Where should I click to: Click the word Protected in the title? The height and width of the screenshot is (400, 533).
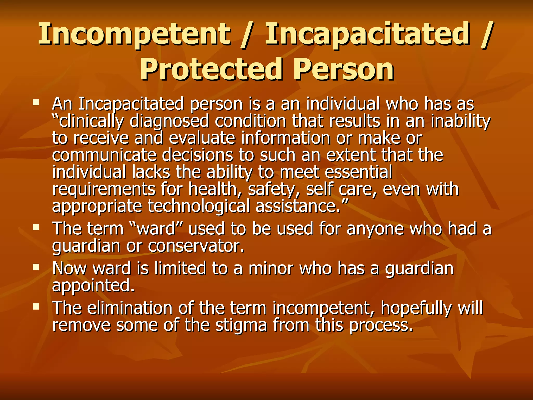[211, 69]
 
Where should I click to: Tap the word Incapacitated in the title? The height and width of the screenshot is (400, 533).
[367, 34]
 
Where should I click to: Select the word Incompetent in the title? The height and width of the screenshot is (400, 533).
[134, 34]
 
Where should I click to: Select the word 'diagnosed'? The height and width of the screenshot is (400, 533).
[169, 121]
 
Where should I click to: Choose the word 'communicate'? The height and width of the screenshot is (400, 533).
[104, 155]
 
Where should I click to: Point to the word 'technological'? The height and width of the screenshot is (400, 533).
[199, 206]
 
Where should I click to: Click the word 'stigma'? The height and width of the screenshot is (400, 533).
[241, 326]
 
